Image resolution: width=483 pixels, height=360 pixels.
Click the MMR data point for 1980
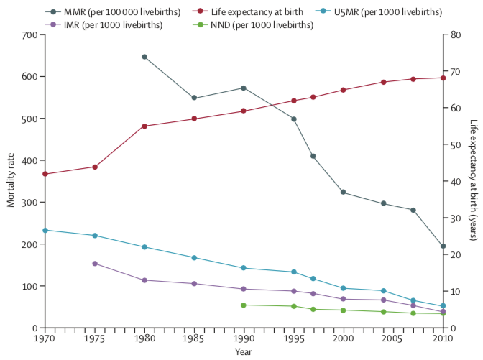pos(144,57)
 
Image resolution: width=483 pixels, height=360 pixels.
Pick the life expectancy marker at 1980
pos(144,126)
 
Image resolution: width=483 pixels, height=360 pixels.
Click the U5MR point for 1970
pos(45,230)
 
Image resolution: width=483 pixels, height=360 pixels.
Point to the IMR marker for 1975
pos(94,264)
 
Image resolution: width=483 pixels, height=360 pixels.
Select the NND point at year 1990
pos(244,305)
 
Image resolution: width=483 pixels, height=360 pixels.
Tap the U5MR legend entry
pos(407,12)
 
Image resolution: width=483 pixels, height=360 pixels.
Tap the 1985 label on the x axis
pos(194,338)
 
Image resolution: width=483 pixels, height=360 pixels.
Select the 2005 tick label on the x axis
pos(393,338)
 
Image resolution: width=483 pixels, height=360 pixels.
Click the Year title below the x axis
pos(244,352)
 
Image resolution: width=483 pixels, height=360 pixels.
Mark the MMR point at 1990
pos(244,88)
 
